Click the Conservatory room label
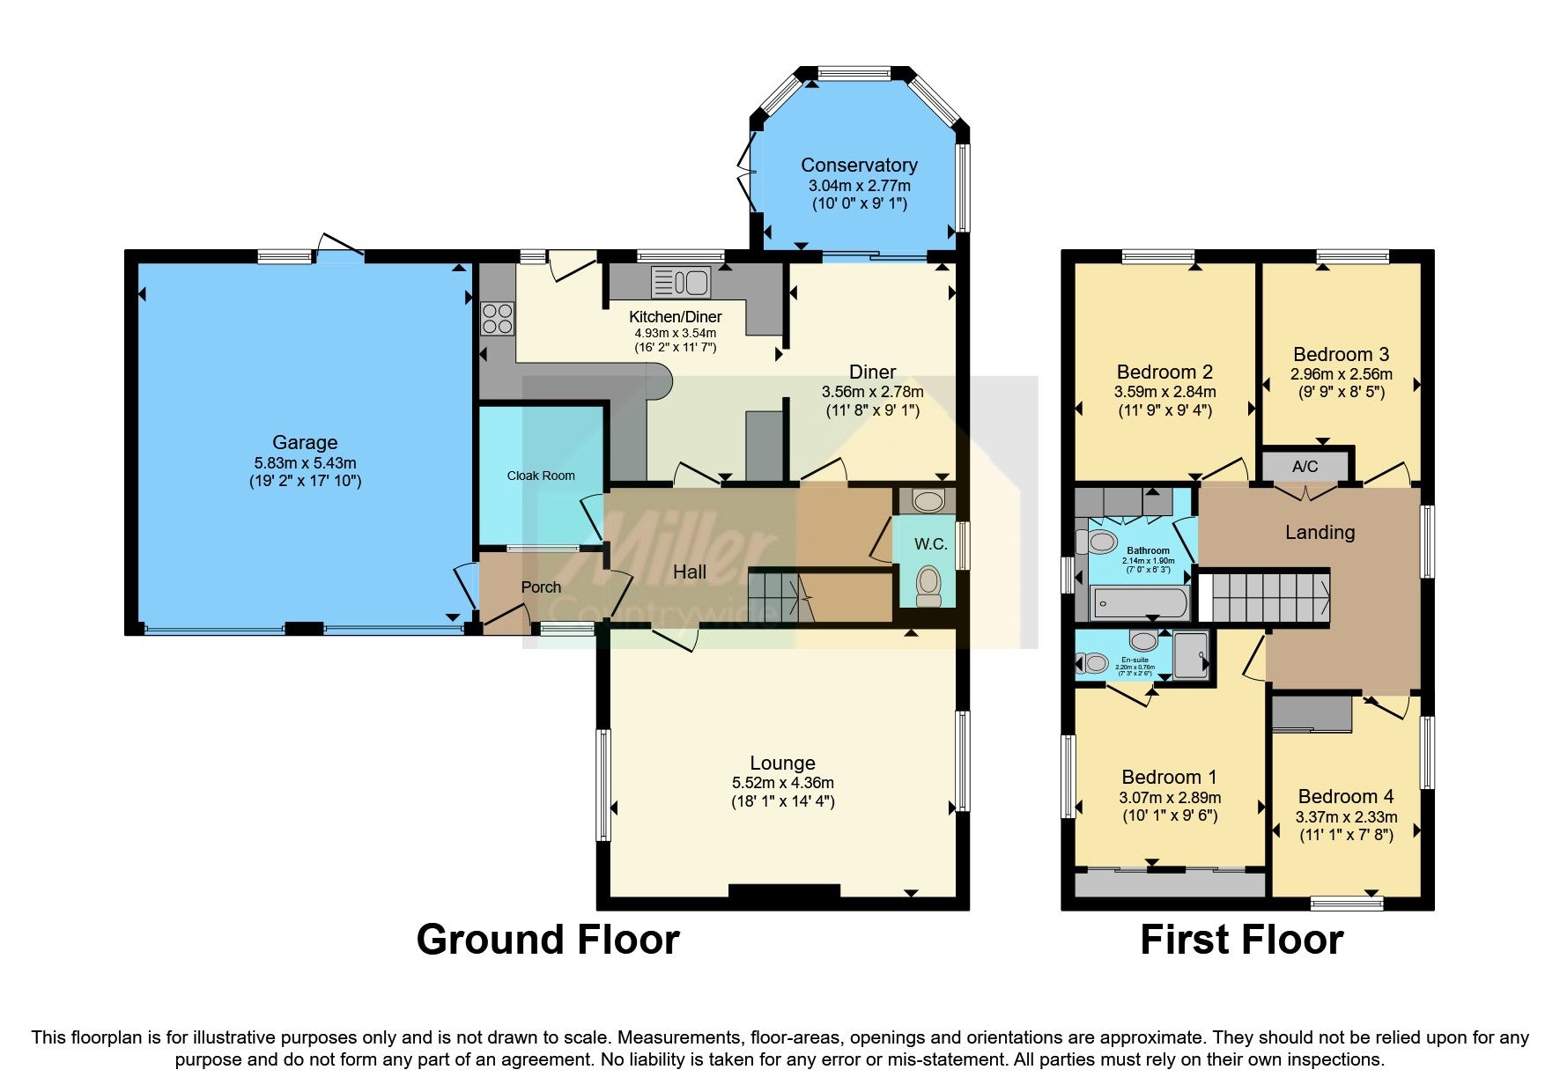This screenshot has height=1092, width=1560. tap(859, 166)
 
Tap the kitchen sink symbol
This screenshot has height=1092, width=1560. tap(679, 283)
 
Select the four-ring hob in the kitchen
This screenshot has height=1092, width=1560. tap(497, 318)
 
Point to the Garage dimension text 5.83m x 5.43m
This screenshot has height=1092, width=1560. tap(305, 462)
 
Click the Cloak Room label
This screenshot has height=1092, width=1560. tap(541, 476)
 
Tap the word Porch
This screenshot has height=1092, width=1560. tap(541, 587)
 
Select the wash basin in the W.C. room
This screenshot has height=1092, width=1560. tap(927, 502)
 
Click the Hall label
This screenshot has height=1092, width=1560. tap(690, 572)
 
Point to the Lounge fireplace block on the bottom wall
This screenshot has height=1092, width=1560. tap(784, 892)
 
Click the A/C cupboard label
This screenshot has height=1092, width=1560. tap(1305, 467)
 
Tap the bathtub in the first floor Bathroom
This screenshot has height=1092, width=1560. tap(1141, 604)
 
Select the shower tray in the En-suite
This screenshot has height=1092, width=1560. tap(1192, 654)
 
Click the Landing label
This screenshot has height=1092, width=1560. tap(1320, 532)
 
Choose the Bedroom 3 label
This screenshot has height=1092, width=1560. tap(1341, 354)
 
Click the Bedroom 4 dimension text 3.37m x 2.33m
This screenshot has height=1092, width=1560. tap(1346, 816)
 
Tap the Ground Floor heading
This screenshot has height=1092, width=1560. tap(548, 940)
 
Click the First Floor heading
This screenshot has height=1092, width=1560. tap(1241, 940)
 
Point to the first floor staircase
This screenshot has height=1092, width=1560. tap(1265, 597)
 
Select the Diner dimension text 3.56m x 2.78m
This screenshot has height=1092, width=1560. tap(872, 392)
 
